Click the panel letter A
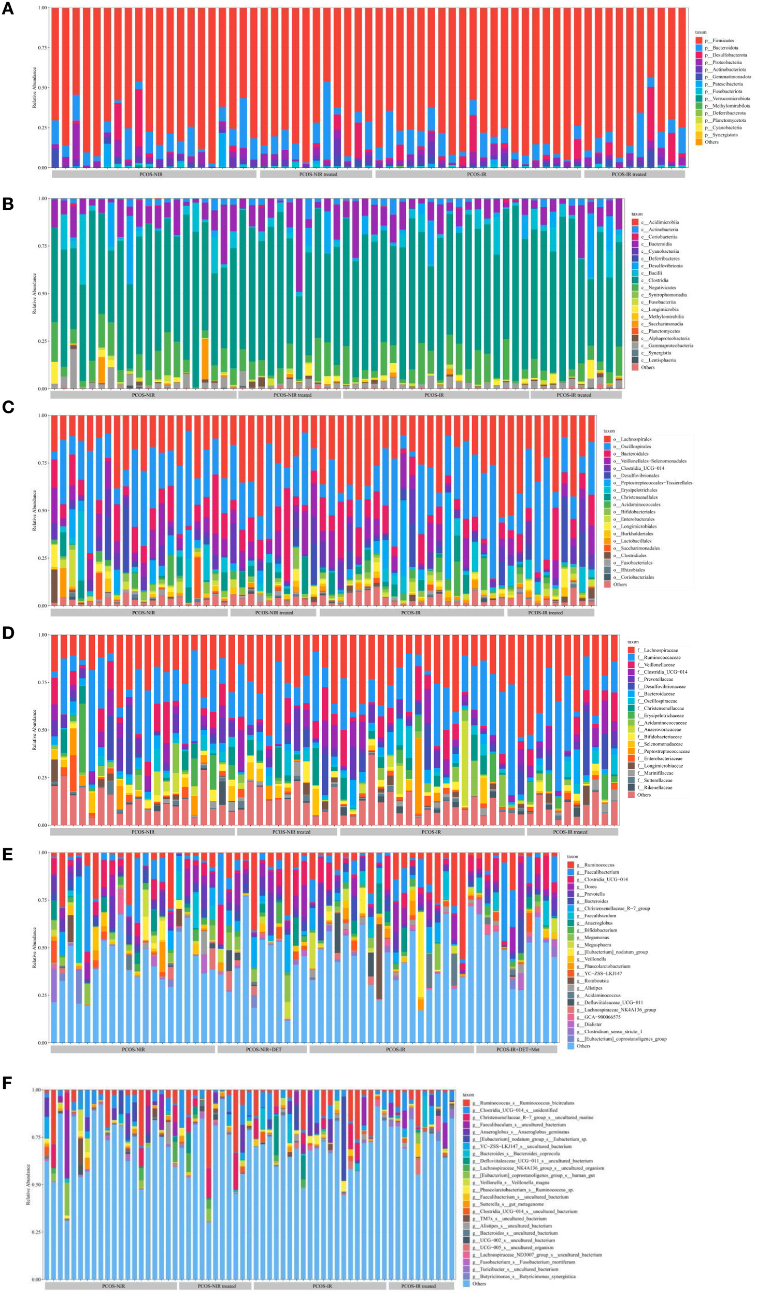(8, 9)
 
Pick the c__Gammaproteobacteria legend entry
(670, 346)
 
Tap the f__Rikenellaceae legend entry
(658, 787)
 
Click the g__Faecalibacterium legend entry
(601, 872)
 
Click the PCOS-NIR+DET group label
(263, 1050)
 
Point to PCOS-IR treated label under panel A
(629, 175)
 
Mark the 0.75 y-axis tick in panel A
(41, 48)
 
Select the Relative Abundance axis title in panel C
(35, 510)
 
